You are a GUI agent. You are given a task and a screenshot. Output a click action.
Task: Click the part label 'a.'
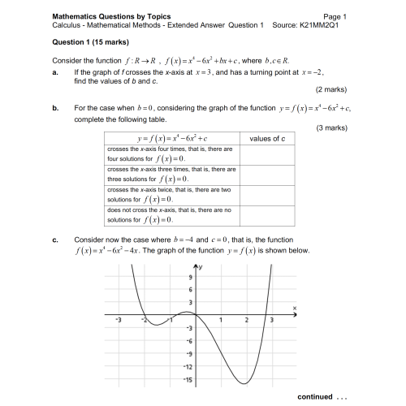tap(55, 72)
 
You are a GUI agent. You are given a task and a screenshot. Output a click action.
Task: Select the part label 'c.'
tap(55, 240)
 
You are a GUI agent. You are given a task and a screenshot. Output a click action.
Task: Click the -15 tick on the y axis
tap(188, 379)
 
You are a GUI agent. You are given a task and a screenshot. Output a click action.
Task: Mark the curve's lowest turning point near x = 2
tap(244, 383)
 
